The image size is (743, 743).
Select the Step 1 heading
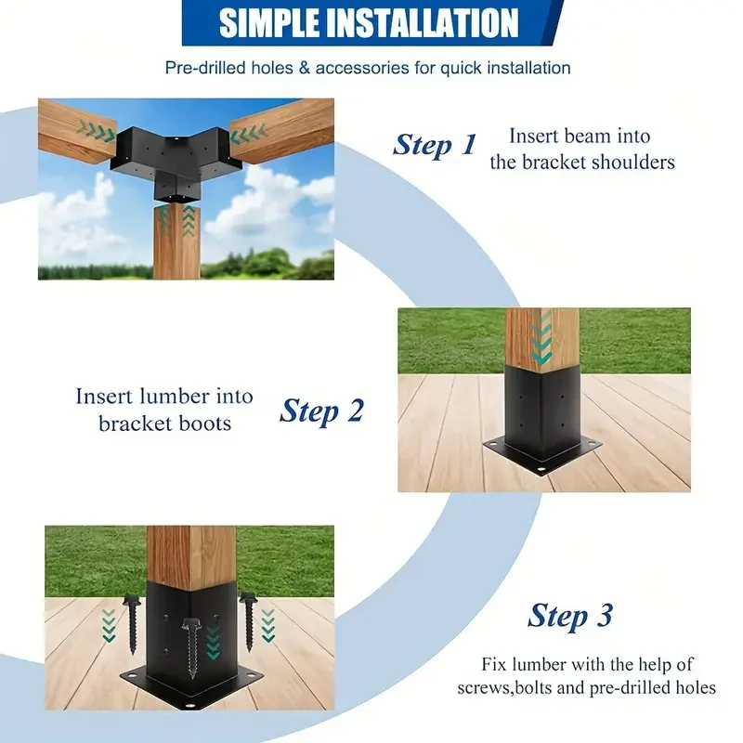pos(434,145)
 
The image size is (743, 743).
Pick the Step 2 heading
pos(321,411)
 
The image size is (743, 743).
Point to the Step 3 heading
pos(570,616)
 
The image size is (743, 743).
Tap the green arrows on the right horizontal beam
pos(248,136)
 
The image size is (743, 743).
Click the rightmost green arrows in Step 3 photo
pos(268,625)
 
